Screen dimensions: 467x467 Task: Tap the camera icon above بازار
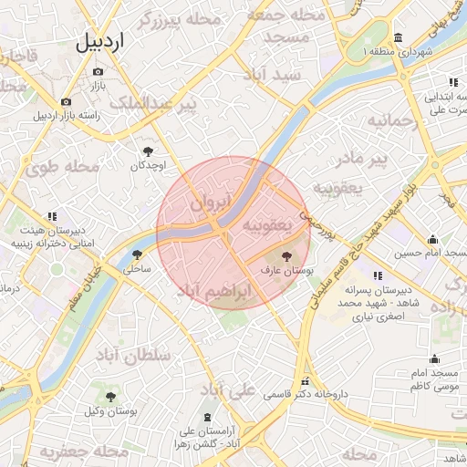tap(99, 71)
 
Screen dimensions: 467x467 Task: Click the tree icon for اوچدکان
tap(148, 151)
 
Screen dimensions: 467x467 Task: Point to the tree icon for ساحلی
tap(138, 255)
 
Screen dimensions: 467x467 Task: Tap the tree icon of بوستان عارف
tap(287, 257)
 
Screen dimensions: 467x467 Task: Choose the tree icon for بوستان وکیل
tap(111, 397)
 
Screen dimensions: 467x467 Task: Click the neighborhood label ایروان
tap(213, 201)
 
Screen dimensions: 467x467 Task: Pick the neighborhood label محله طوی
tap(62, 167)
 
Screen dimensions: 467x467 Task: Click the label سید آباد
tap(274, 76)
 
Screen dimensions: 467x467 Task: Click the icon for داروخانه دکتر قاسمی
tap(306, 381)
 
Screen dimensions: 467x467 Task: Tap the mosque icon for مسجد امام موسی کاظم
tap(434, 359)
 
